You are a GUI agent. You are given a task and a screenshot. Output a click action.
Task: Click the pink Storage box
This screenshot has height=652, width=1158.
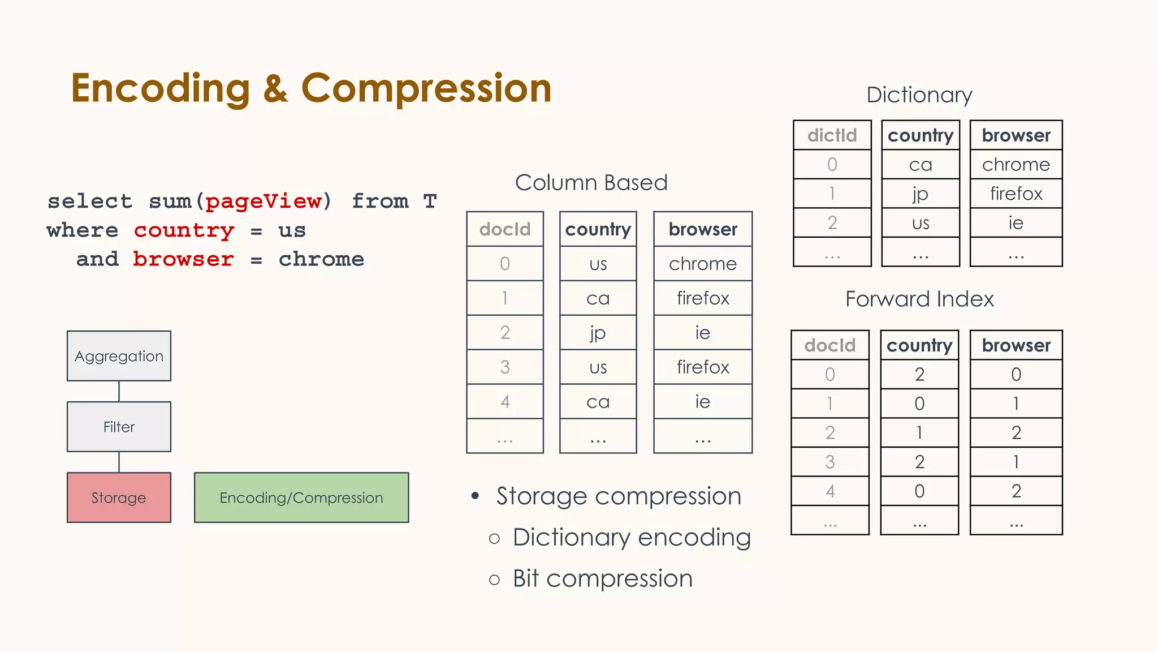[x=119, y=497]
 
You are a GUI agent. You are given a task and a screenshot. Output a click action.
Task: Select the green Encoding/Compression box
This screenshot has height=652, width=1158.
[x=301, y=497]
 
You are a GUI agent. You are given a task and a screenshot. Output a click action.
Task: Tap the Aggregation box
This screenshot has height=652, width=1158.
[x=119, y=356]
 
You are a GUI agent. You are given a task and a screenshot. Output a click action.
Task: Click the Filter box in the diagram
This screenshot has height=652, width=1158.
[x=119, y=427]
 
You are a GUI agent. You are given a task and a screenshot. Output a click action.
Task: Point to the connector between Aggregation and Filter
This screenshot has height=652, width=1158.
[x=119, y=391]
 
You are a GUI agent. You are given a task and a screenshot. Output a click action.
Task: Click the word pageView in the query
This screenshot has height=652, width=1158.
[x=263, y=201]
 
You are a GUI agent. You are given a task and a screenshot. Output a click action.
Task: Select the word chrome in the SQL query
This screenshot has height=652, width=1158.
[x=321, y=259]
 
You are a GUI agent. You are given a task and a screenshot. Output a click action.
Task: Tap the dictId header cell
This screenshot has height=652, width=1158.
[x=832, y=135]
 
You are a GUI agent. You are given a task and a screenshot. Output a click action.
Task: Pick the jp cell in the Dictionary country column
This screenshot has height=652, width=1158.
[x=921, y=194]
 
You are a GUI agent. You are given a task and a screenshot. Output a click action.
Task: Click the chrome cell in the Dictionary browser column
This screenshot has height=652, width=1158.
[x=1016, y=165]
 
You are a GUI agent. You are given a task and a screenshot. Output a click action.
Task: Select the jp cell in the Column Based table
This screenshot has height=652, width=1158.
[x=598, y=333]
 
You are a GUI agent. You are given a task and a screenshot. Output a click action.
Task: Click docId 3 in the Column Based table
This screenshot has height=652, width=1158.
[x=505, y=367]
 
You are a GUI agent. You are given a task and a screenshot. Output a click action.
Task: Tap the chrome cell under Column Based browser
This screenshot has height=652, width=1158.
[x=702, y=264]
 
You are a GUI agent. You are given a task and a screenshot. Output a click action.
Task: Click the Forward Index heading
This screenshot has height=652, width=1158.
[x=919, y=299]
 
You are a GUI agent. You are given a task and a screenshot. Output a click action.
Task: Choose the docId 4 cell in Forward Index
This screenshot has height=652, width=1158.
[x=829, y=491]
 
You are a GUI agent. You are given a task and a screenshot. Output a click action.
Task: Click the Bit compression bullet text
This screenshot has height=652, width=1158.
[x=602, y=578]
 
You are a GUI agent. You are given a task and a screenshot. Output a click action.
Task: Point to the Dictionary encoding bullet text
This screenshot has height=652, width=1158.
[x=632, y=537]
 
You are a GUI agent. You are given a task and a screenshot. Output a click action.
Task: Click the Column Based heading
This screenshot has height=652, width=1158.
[x=591, y=183]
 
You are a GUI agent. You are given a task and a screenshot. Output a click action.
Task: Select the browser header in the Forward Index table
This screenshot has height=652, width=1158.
[x=1016, y=345]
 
